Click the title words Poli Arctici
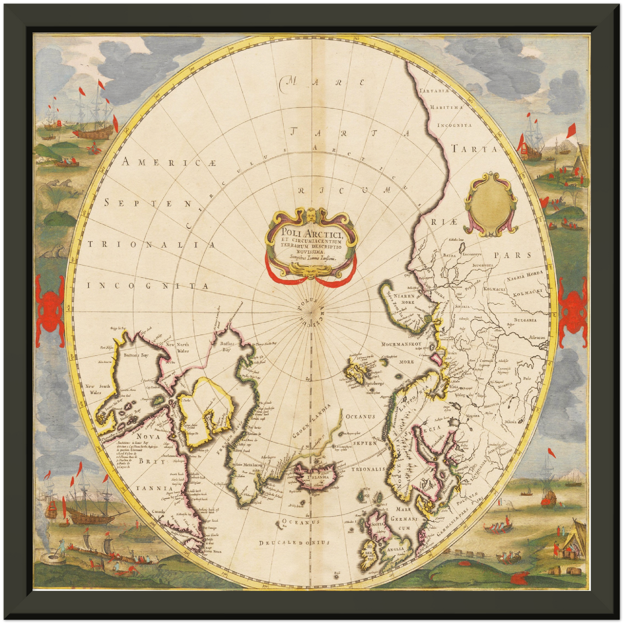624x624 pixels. pos(310,234)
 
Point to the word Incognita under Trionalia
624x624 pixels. pos(148,286)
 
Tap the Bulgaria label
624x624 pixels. pos(525,320)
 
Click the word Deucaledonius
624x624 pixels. pos(294,542)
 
